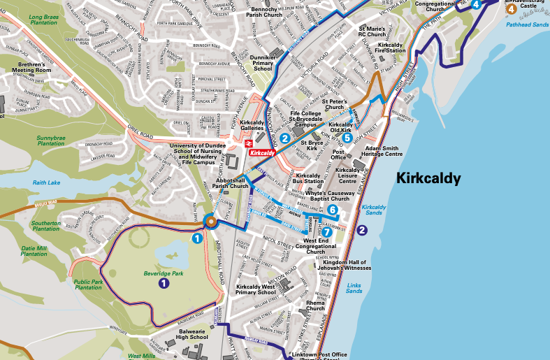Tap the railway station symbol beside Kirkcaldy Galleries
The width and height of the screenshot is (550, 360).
pyautogui.click(x=248, y=143)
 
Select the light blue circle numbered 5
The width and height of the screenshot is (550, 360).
pyautogui.click(x=347, y=138)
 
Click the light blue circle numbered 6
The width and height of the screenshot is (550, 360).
pyautogui.click(x=333, y=210)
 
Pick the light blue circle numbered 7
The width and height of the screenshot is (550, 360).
pyautogui.click(x=327, y=232)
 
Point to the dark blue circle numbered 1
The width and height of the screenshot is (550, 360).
pyautogui.click(x=164, y=283)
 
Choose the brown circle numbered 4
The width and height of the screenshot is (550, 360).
pyautogui.click(x=512, y=9)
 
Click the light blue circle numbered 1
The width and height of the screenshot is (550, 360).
pyautogui.click(x=198, y=238)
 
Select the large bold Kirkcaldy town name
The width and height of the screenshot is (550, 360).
pyautogui.click(x=428, y=178)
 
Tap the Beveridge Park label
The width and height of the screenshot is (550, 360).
pyautogui.click(x=163, y=273)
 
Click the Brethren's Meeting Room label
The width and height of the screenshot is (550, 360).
pyautogui.click(x=35, y=67)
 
